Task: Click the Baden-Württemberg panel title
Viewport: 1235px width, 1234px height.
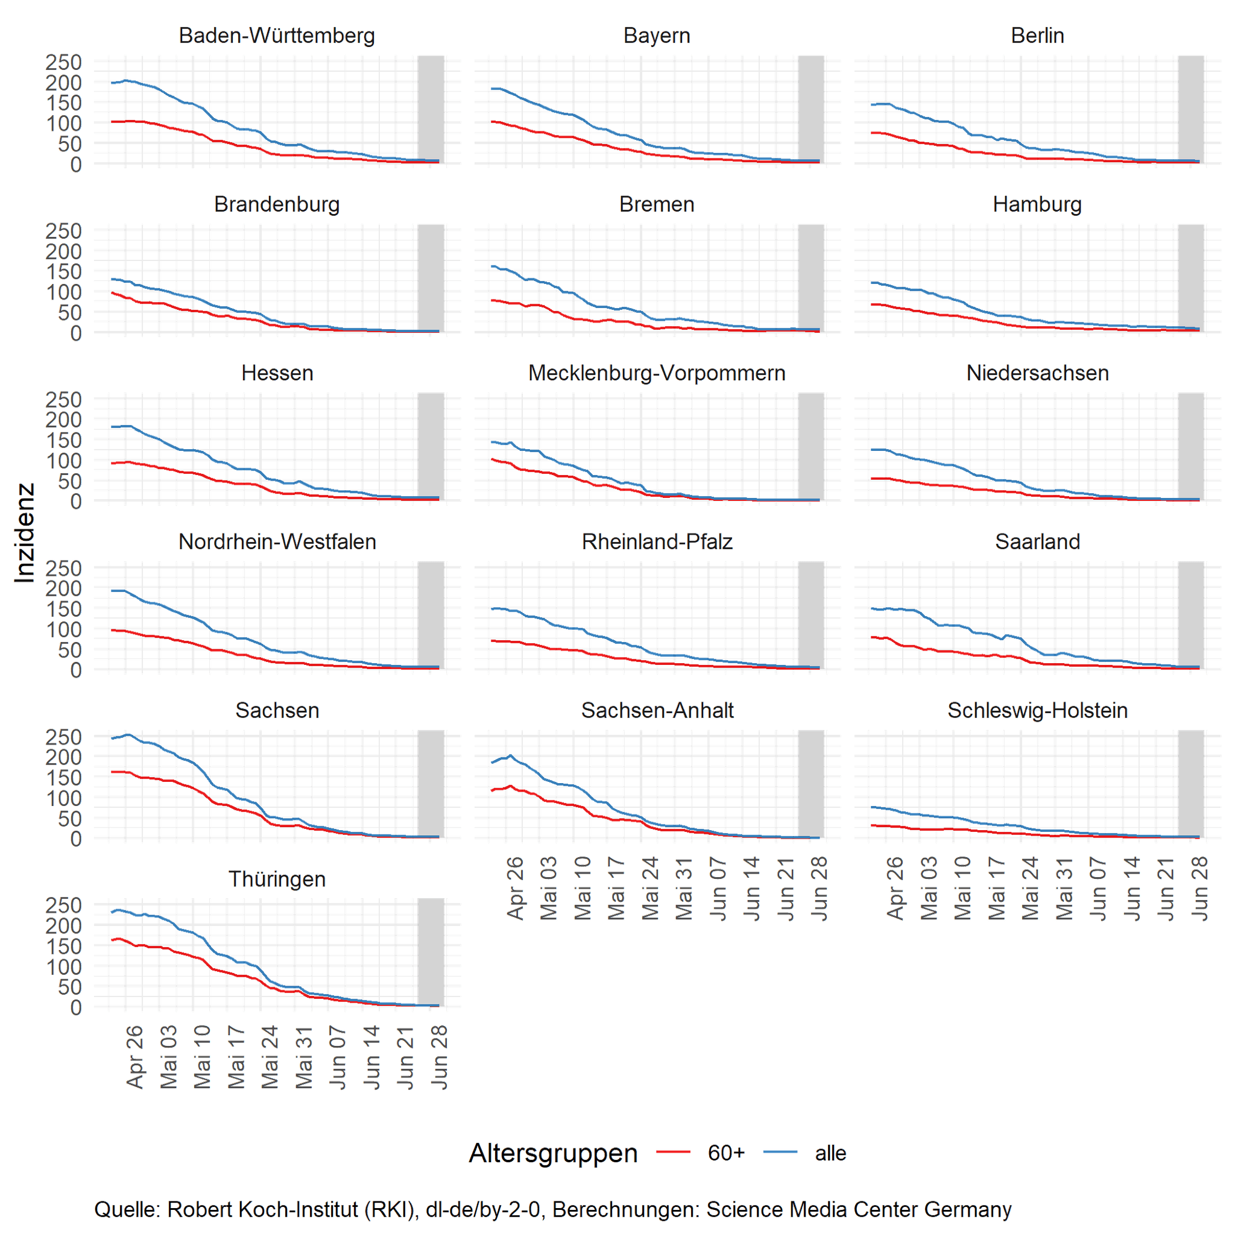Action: [x=277, y=35]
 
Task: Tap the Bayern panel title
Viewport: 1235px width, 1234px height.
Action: [x=657, y=35]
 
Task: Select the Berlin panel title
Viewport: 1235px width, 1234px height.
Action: [x=1037, y=35]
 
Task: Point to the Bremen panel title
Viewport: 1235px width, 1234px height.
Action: [x=657, y=204]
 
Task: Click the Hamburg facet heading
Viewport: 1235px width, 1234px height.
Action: [x=1037, y=204]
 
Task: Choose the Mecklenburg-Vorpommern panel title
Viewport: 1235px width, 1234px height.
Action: [x=657, y=373]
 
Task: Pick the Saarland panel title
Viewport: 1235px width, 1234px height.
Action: [x=1037, y=542]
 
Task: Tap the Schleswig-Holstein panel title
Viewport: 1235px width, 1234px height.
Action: [x=1037, y=711]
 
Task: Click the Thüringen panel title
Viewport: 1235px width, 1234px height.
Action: [x=277, y=880]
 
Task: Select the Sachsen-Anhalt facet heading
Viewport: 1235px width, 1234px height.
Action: [x=657, y=711]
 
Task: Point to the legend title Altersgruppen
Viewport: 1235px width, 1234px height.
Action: [x=553, y=1153]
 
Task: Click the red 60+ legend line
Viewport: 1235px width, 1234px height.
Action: [x=673, y=1152]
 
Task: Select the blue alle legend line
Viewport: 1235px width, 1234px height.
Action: [x=780, y=1152]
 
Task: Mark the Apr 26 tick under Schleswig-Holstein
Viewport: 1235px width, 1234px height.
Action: [x=895, y=889]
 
